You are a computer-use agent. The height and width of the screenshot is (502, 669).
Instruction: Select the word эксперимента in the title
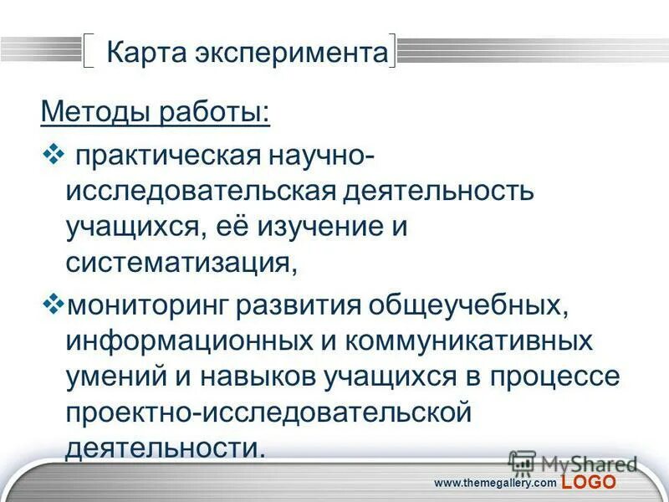pos(295,53)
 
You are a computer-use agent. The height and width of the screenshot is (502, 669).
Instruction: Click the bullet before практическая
pos(52,153)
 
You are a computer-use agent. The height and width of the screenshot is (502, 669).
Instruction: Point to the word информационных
pos(186,341)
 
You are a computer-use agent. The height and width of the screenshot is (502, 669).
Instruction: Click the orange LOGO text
pos(589,483)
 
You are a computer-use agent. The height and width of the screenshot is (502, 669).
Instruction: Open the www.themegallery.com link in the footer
pos(494,484)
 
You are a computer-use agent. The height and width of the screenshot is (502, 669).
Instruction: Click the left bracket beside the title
pos(90,51)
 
